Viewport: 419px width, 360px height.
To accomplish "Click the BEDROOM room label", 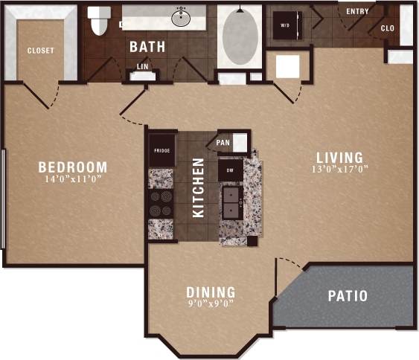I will click(x=73, y=167).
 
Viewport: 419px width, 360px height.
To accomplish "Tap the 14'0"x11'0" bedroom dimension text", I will click(x=73, y=179).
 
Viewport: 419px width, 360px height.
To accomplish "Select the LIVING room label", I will click(x=339, y=158).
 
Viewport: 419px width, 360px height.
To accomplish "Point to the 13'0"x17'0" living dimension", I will click(x=339, y=169).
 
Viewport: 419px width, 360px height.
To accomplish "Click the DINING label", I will click(x=211, y=292).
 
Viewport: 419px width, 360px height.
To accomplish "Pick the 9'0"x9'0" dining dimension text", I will click(x=211, y=303).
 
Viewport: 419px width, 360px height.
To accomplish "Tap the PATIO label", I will click(x=348, y=296).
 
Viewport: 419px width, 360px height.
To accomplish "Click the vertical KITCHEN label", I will click(x=199, y=187).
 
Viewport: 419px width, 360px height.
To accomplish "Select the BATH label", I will click(x=147, y=47).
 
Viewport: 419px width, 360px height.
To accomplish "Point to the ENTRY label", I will click(x=357, y=11).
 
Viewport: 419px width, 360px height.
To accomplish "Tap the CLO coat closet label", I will click(x=387, y=28).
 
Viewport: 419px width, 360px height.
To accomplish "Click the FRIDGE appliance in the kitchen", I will click(x=162, y=150).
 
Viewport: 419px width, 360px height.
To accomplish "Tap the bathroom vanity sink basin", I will click(x=180, y=17).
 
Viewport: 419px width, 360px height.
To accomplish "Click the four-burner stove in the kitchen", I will click(x=161, y=204).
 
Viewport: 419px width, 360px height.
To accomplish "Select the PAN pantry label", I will click(x=223, y=141).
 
